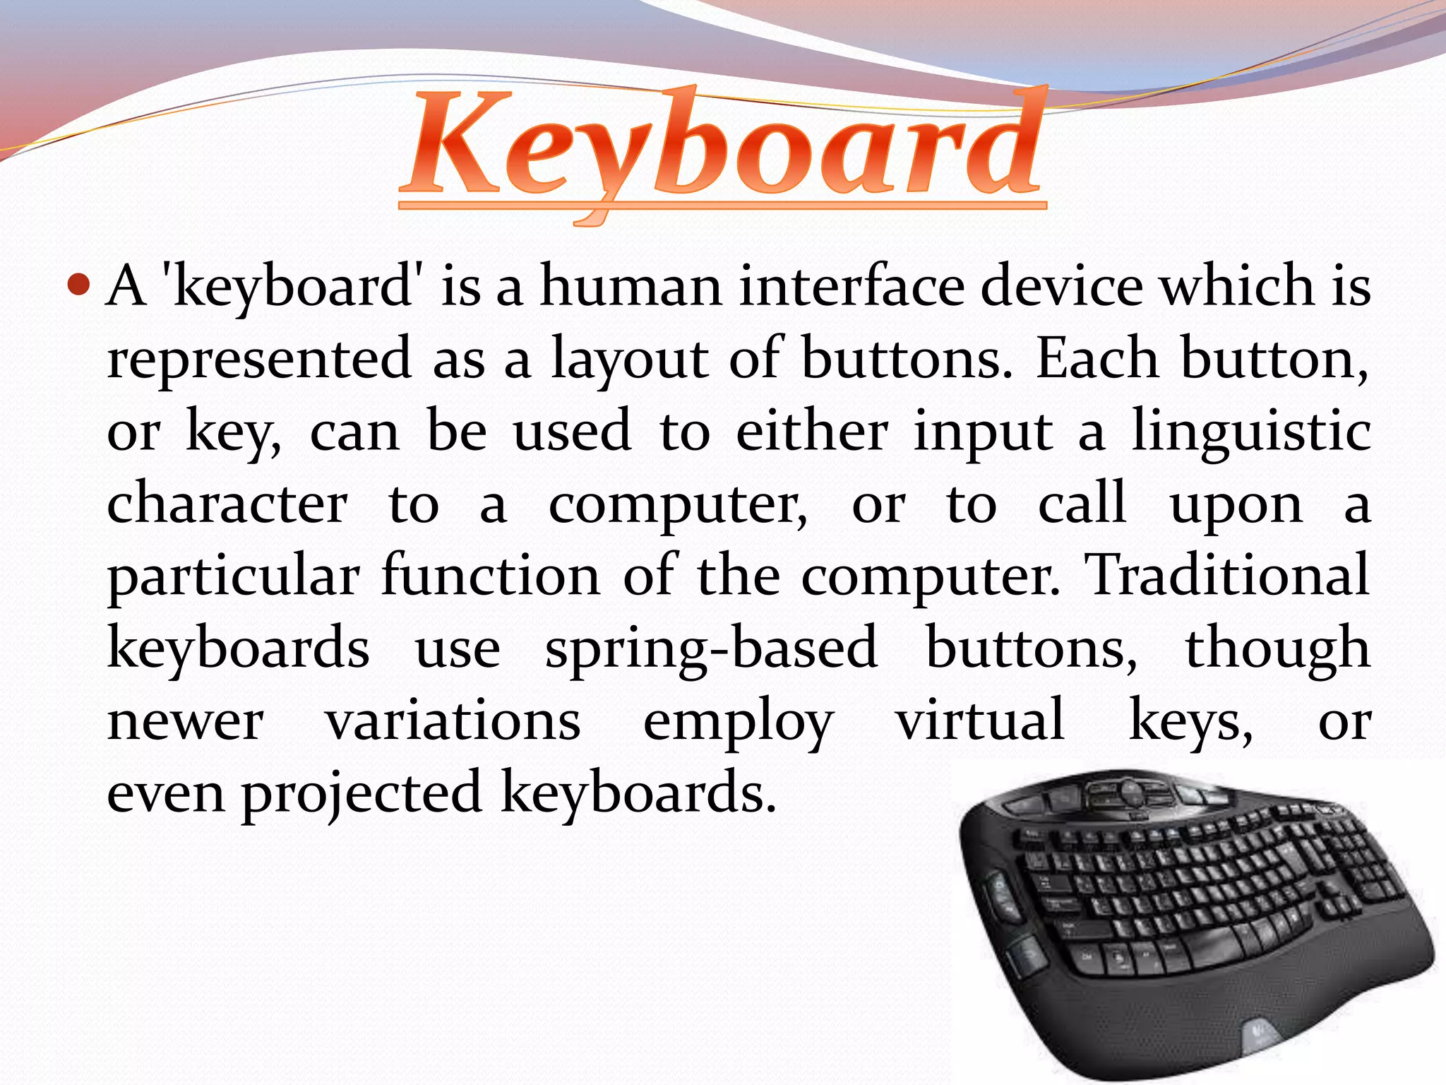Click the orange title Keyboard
coord(722,148)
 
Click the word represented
coord(259,359)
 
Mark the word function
coord(491,575)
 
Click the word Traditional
coord(1227,575)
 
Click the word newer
coord(186,722)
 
